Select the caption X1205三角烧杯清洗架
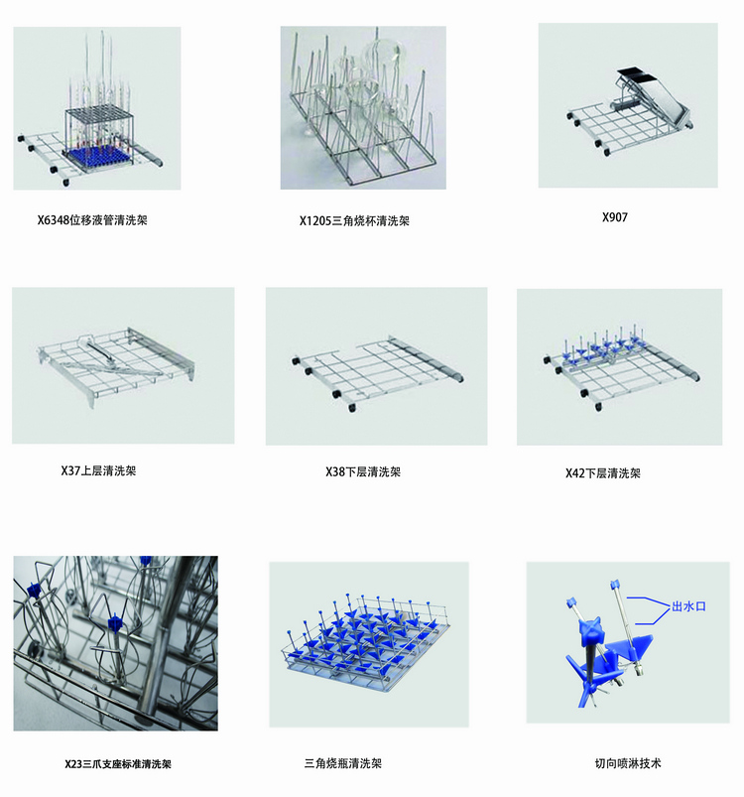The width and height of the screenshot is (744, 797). tap(354, 221)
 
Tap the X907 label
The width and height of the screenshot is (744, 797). tap(615, 216)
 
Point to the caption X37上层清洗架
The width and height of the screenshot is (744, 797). tap(98, 470)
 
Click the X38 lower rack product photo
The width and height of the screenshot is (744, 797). tap(376, 366)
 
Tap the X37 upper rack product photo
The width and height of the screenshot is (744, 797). tap(123, 365)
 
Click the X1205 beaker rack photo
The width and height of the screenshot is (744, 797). tap(363, 107)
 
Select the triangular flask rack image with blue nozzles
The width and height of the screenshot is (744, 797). tap(367, 644)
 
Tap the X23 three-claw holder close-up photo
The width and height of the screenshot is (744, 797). tap(115, 643)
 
